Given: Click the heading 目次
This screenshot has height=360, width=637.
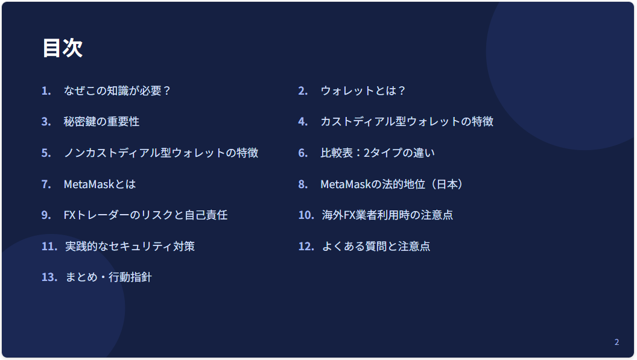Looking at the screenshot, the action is tap(63, 48).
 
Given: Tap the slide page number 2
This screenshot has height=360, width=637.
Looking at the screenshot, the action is tap(616, 342).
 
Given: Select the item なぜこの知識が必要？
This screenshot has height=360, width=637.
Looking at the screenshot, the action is tap(117, 90).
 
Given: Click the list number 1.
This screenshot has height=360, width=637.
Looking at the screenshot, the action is tap(46, 90).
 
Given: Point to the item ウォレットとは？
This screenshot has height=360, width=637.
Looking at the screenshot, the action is tap(363, 90).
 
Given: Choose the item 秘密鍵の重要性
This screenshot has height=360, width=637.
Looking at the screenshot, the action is tap(101, 121).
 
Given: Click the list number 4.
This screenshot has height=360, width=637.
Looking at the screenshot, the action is tap(303, 121).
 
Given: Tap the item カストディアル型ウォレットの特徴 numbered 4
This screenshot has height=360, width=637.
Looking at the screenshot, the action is tap(407, 121).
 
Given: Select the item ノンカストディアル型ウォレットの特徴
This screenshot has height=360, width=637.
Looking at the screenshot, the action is tap(161, 153).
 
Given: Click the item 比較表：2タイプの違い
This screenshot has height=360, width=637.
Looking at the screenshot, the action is tap(378, 153).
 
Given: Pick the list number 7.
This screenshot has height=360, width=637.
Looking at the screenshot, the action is tap(46, 184).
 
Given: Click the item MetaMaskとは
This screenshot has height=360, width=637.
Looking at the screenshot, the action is tap(100, 184).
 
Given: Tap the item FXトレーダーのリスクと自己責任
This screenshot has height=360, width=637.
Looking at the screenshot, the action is tap(145, 215).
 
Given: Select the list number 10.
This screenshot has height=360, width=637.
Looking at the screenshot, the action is tap(306, 215).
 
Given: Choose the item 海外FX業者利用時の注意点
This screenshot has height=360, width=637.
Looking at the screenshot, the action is tap(387, 215).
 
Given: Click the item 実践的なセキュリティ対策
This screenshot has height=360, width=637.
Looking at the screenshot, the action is tap(130, 246).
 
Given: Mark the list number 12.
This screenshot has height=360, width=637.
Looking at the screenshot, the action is tap(306, 246).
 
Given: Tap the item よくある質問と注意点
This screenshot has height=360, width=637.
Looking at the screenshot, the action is tap(376, 246).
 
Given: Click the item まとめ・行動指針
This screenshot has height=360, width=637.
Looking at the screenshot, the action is tap(109, 277).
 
